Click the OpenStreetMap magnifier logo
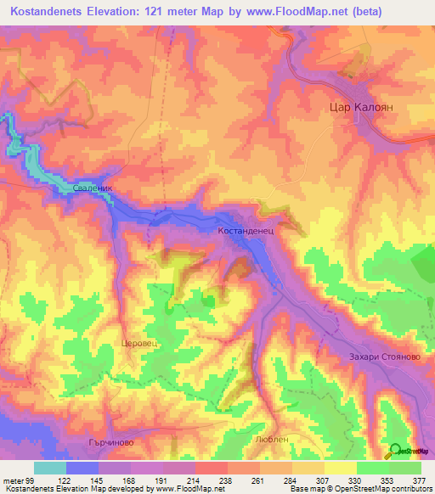[395, 451]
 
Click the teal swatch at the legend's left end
[49, 468]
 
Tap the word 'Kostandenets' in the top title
[51, 12]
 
